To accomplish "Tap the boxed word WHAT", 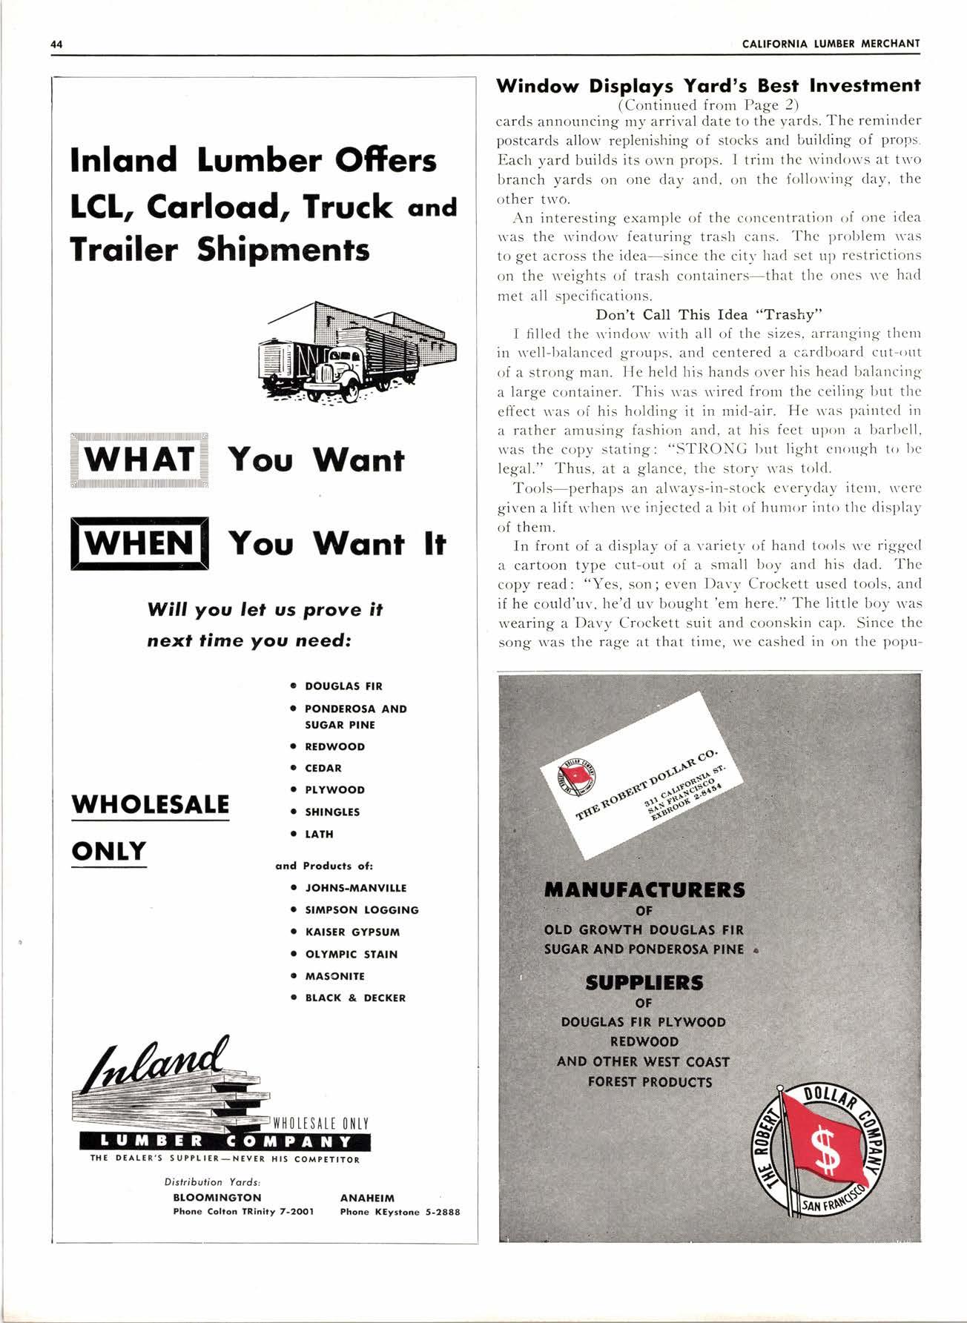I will [x=139, y=460].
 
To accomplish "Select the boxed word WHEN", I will [x=139, y=543].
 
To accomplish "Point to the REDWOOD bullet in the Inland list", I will [x=334, y=746].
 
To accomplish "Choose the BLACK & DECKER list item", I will [x=354, y=998].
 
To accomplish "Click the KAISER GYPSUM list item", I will [x=352, y=932].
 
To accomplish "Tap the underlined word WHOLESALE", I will [x=151, y=804].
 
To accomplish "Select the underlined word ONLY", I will [x=109, y=851].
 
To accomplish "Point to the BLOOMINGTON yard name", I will [x=217, y=1197].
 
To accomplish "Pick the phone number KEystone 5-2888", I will [x=400, y=1212].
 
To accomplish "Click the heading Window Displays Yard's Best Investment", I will [x=708, y=85].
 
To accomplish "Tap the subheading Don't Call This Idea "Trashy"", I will [x=708, y=314].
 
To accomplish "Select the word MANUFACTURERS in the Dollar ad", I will [x=644, y=889].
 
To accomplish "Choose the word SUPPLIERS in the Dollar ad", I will [x=644, y=983].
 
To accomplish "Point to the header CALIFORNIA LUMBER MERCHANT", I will [x=831, y=44].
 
